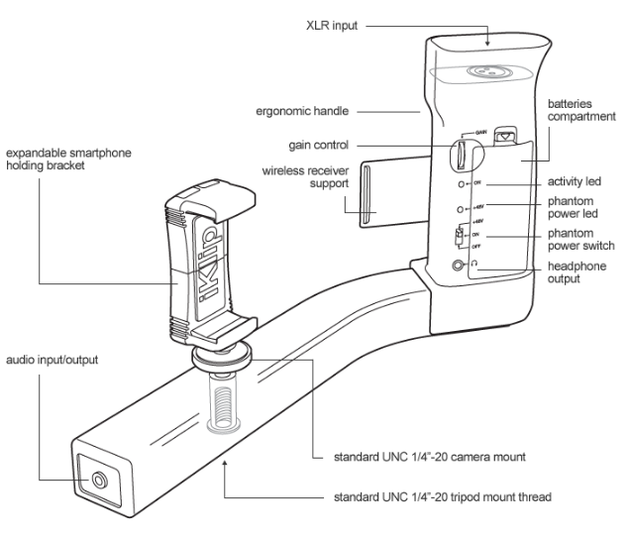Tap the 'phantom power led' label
tap(575, 209)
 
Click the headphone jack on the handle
tap(458, 266)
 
